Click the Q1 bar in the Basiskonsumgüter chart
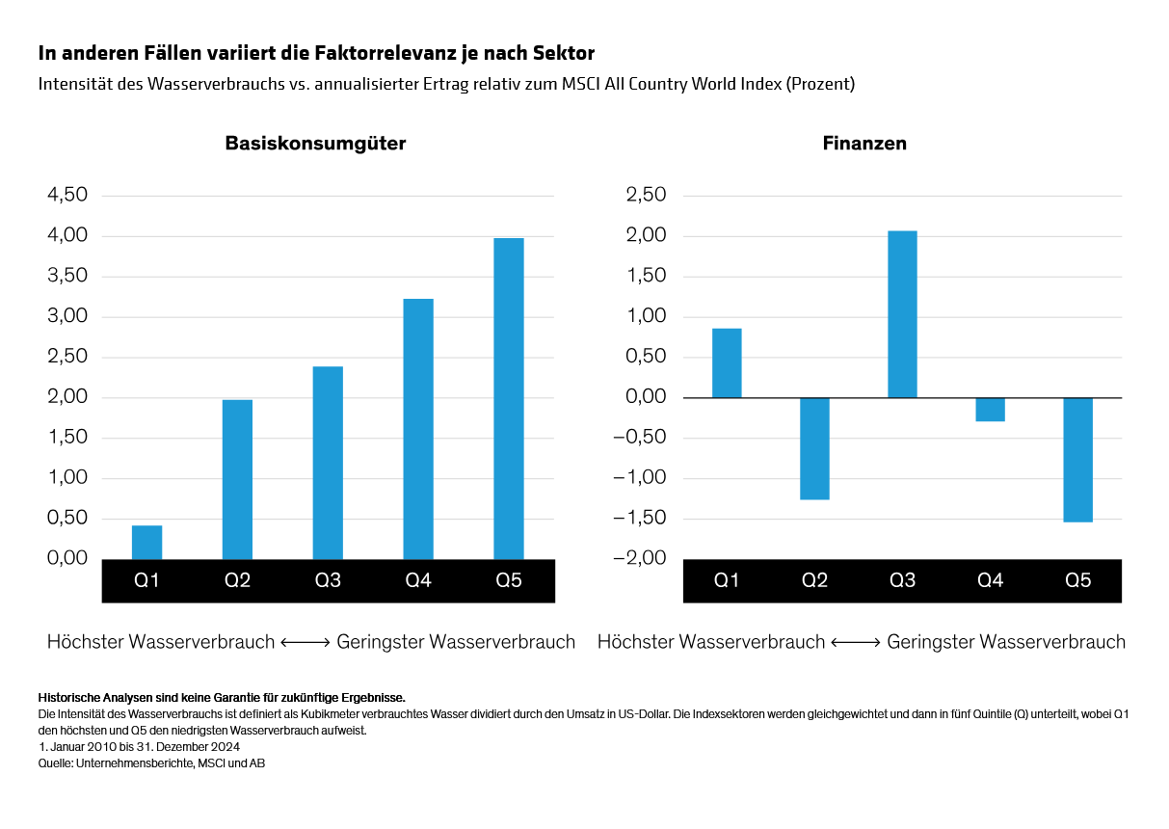[x=146, y=542]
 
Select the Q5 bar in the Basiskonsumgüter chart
[x=508, y=398]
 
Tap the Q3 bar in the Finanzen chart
[x=902, y=314]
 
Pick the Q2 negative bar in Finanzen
[x=814, y=448]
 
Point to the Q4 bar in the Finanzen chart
[x=990, y=410]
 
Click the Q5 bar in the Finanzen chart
[x=1077, y=460]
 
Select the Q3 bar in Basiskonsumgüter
[x=328, y=463]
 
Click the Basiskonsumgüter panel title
[x=315, y=144]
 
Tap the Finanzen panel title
[x=864, y=144]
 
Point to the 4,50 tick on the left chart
[x=67, y=196]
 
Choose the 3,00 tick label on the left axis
[x=67, y=317]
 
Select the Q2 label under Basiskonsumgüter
[x=237, y=581]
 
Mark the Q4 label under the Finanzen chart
[x=990, y=581]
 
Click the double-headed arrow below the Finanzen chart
[x=856, y=642]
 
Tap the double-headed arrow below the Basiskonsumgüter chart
[x=306, y=642]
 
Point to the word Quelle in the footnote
[x=54, y=762]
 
